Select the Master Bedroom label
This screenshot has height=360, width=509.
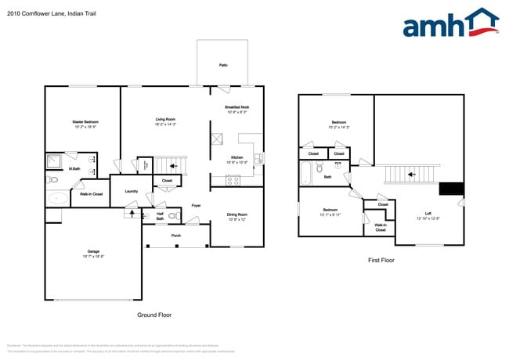85,123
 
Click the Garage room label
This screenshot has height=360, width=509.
93,253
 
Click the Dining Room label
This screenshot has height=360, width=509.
236,215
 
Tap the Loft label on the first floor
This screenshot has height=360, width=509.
428,214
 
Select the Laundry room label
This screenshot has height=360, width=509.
131,192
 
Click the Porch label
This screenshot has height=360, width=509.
176,235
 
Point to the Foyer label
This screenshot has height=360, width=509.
196,207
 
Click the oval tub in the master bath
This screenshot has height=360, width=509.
56,198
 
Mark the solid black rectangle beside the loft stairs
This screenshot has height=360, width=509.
451,188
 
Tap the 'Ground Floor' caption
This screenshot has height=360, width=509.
153,315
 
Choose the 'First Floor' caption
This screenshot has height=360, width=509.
381,260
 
